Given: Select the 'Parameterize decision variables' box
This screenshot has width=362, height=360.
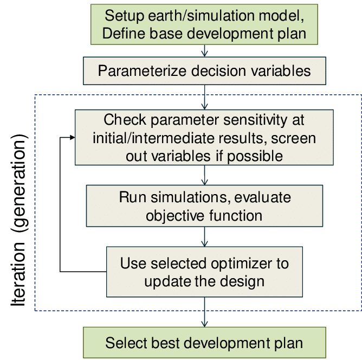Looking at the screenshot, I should pos(204,70).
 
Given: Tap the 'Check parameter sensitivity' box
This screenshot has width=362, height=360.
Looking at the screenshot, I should pos(204,137).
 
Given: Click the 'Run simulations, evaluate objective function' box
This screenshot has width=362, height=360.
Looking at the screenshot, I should pos(205,205).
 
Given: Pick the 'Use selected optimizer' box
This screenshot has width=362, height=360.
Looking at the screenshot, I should pos(204,272).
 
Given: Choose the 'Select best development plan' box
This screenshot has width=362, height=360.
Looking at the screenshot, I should pos(204,342).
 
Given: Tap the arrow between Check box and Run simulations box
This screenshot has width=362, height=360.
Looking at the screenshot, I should pos(204,175).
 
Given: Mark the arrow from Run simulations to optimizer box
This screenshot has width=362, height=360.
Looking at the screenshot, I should pos(204,236).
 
